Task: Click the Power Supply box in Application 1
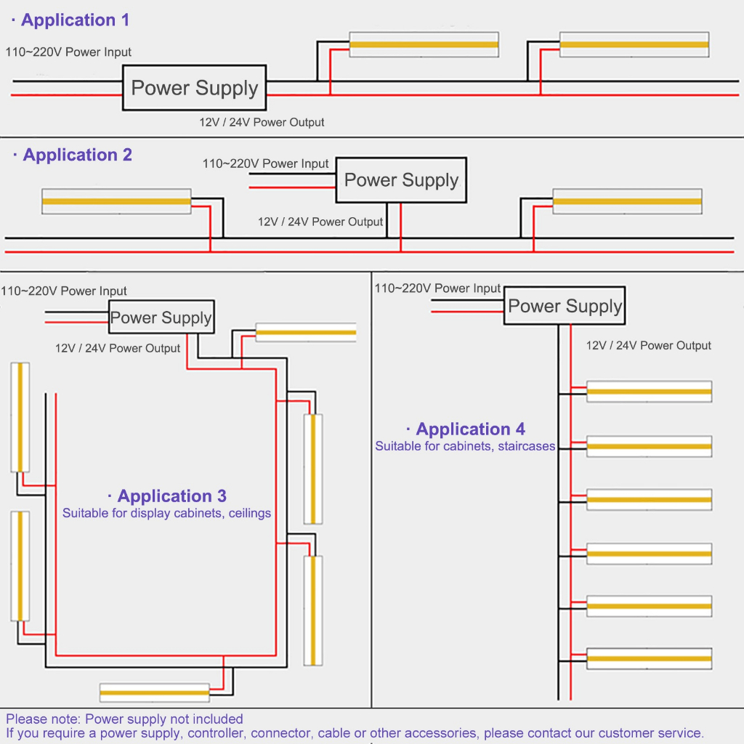click(195, 89)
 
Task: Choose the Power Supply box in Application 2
click(401, 180)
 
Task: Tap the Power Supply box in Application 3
click(161, 318)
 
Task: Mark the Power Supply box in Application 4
click(565, 306)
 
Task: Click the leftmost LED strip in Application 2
click(116, 201)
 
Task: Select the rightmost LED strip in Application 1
click(634, 44)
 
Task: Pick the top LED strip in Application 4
click(648, 392)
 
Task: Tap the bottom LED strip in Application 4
click(648, 658)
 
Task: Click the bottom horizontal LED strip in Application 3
click(154, 692)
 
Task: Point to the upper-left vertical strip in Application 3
click(20, 417)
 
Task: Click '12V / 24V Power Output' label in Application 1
click(262, 122)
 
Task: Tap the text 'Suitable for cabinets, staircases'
click(465, 446)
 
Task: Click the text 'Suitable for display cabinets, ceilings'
click(166, 513)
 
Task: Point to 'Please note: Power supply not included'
click(124, 719)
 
